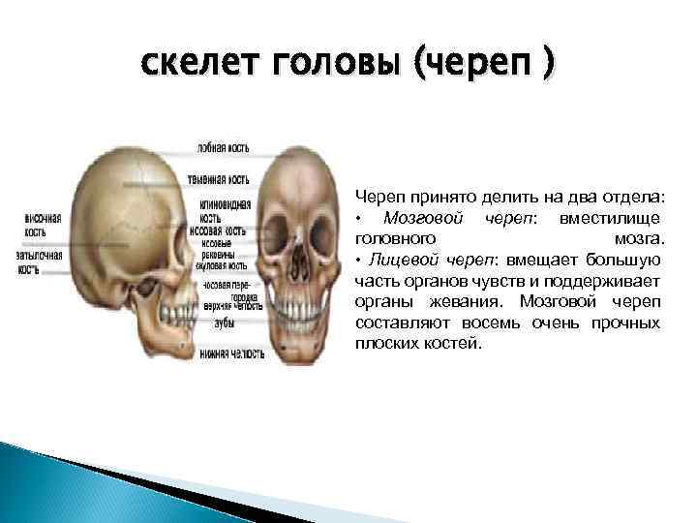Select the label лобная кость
click(224, 148)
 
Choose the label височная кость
click(43, 225)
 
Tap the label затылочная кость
click(40, 261)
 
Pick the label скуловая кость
click(224, 264)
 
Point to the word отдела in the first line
click(630, 197)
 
